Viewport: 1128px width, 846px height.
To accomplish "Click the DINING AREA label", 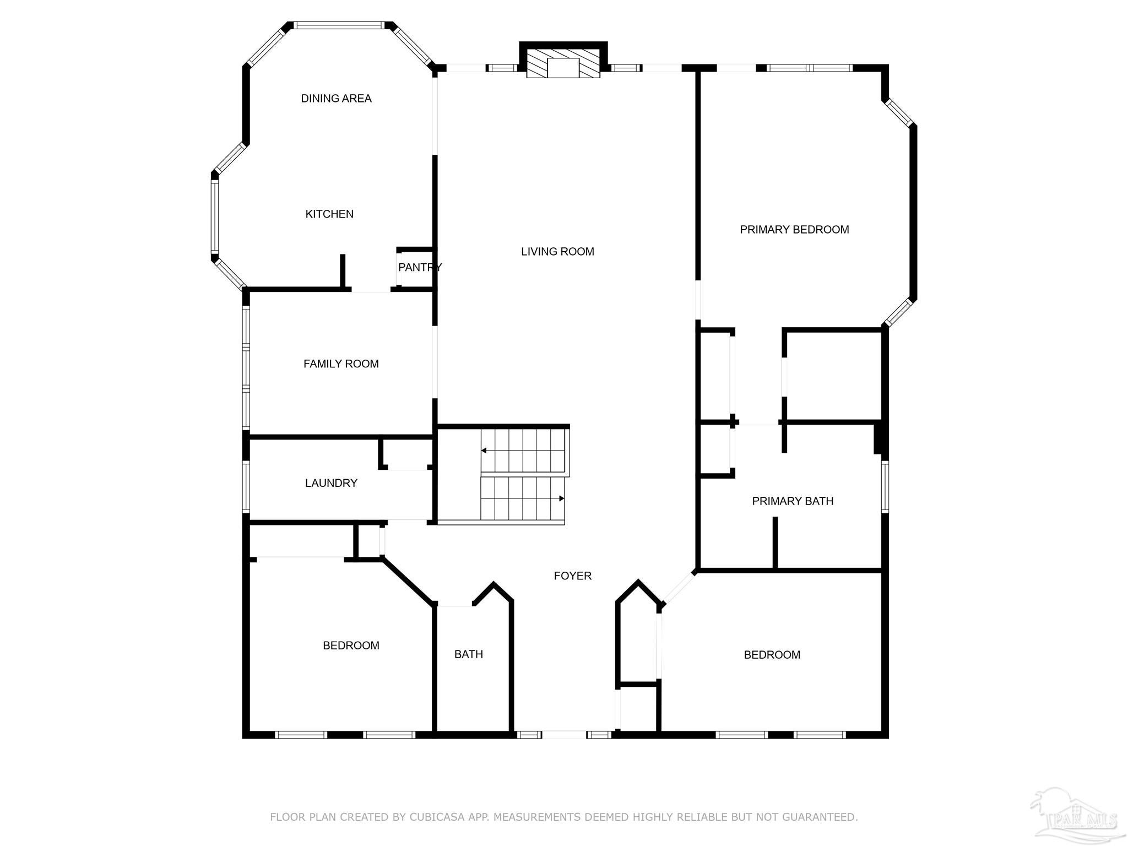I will coord(336,99).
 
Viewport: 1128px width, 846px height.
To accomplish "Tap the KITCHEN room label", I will coord(329,214).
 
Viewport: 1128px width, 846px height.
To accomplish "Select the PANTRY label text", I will coord(419,268).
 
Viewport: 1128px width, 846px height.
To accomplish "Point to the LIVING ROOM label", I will coord(557,252).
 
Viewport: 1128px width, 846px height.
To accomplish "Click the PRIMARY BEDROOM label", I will coord(794,230).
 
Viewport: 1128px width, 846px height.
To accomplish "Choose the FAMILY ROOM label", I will coord(341,364).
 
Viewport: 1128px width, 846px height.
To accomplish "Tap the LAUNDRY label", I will coord(331,483).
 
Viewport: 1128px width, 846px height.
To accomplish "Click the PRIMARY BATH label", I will coord(792,501).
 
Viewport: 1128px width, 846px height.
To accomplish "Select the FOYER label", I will coord(572,576).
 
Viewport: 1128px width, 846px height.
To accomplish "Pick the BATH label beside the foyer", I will coord(468,654).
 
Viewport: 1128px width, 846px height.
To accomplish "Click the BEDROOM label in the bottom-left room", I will coord(351,646).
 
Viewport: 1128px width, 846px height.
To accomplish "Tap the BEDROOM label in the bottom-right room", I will coord(772,655).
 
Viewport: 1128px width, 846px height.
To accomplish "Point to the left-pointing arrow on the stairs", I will coord(484,451).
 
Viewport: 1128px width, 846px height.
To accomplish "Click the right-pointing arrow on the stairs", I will coord(561,498).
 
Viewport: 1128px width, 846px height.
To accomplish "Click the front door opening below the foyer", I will coord(564,734).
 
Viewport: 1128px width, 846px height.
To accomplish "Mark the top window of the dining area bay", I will coord(338,25).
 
